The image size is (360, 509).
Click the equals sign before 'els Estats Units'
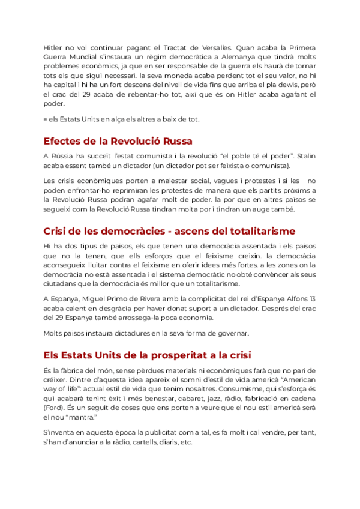point(46,119)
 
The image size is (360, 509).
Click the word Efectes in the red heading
point(62,142)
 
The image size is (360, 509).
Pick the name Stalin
point(304,155)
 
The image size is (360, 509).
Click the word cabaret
point(182,399)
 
